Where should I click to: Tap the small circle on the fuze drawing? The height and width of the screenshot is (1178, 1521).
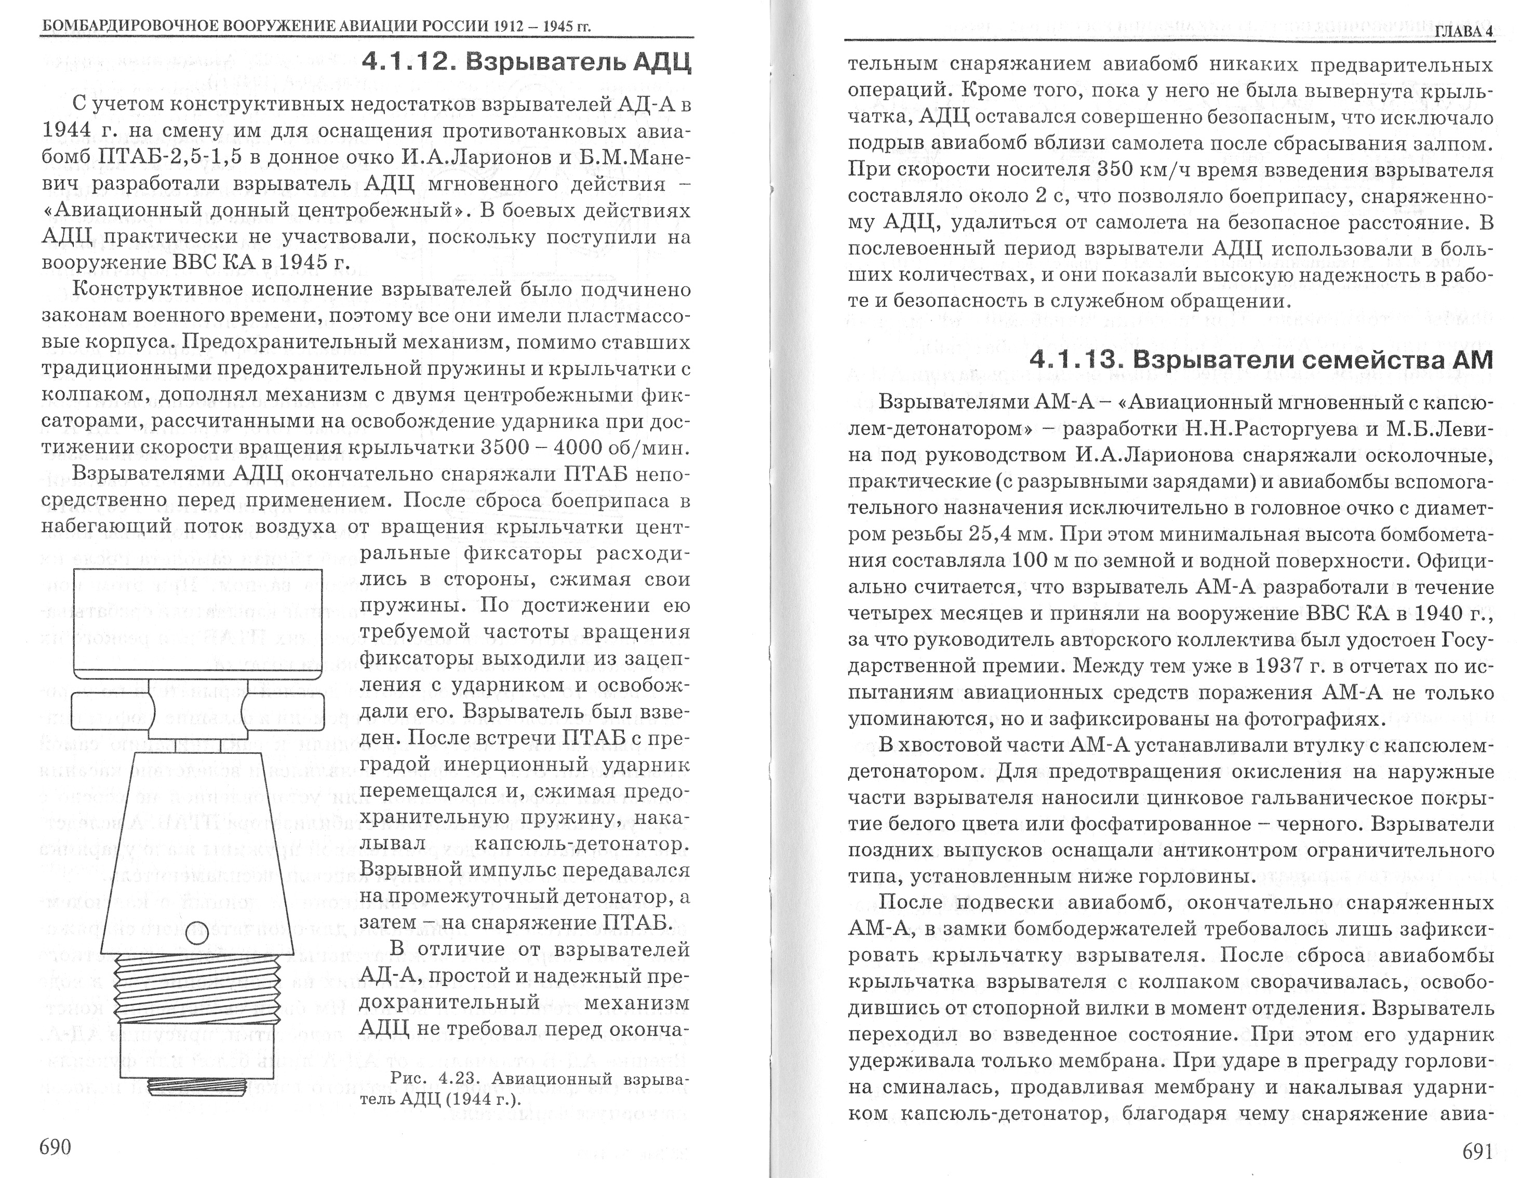198,930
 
